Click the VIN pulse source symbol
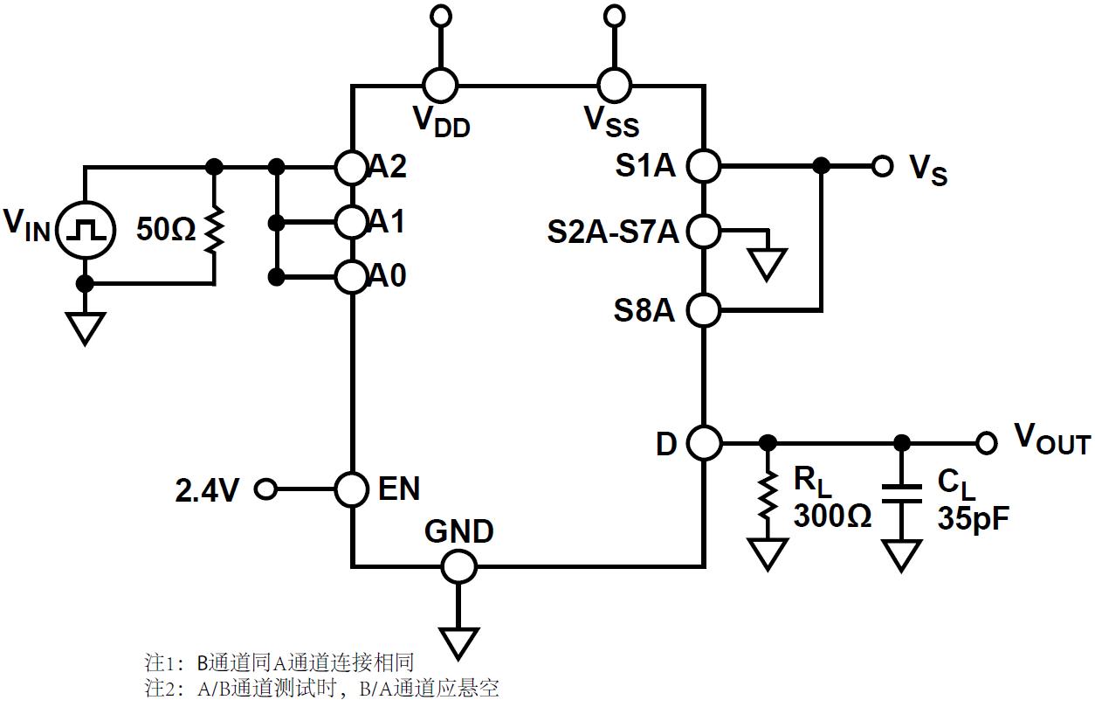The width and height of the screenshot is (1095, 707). click(85, 232)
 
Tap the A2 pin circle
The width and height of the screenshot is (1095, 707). click(351, 166)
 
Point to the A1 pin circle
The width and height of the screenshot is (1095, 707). click(351, 222)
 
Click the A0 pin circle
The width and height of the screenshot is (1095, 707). click(351, 277)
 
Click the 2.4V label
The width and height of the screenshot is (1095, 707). click(208, 491)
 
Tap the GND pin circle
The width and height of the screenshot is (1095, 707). click(458, 566)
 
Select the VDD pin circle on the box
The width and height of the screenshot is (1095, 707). click(440, 86)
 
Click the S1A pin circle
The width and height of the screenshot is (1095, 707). click(703, 164)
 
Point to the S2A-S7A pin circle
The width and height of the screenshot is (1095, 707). click(703, 231)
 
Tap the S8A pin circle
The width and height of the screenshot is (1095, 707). click(703, 308)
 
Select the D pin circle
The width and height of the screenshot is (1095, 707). click(703, 443)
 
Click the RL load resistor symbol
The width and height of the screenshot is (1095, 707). click(768, 496)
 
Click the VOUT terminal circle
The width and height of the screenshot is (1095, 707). click(987, 443)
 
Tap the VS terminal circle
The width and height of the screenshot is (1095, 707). click(883, 165)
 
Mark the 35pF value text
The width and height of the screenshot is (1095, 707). click(974, 519)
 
